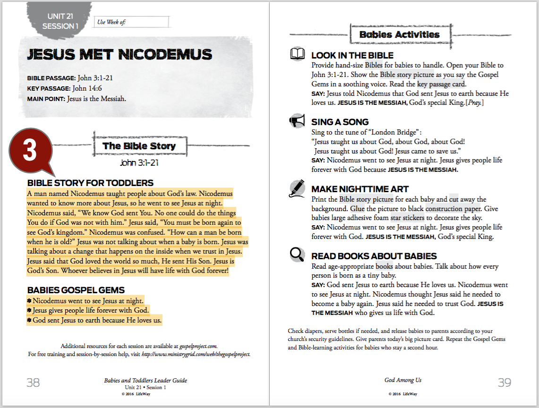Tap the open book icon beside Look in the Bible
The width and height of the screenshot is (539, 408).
click(x=297, y=54)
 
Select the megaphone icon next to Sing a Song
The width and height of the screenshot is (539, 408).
click(x=297, y=121)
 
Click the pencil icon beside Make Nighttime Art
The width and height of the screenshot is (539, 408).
click(x=297, y=188)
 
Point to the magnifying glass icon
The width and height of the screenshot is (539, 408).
click(x=297, y=255)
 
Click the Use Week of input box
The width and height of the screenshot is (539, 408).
click(x=132, y=22)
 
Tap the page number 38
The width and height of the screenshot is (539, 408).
click(x=33, y=382)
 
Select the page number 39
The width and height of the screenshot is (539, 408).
click(x=505, y=382)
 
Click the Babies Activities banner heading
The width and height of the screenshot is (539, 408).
click(x=399, y=34)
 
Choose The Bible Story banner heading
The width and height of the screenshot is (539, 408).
click(x=139, y=146)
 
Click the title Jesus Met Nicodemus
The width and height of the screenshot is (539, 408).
click(x=120, y=54)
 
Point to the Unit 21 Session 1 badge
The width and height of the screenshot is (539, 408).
click(x=60, y=21)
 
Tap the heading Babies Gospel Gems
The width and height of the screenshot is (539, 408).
click(x=76, y=290)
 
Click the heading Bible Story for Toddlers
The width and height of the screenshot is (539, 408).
click(x=90, y=183)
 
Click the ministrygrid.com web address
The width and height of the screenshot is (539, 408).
click(x=196, y=354)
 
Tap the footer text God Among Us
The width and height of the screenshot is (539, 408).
click(x=403, y=380)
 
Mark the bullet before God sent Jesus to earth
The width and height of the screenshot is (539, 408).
click(x=29, y=321)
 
